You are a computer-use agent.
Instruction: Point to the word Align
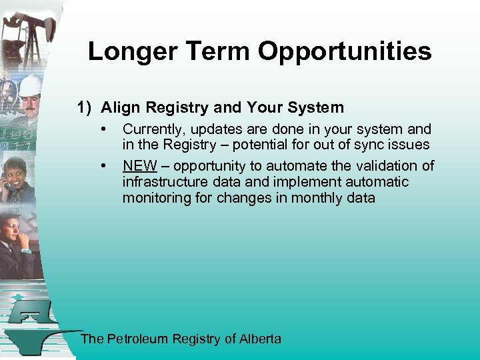[120, 107]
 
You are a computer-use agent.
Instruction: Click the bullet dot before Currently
[103, 128]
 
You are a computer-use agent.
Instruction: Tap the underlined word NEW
[139, 166]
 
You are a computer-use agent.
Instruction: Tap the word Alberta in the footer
[260, 339]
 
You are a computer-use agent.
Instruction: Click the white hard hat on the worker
[30, 85]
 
